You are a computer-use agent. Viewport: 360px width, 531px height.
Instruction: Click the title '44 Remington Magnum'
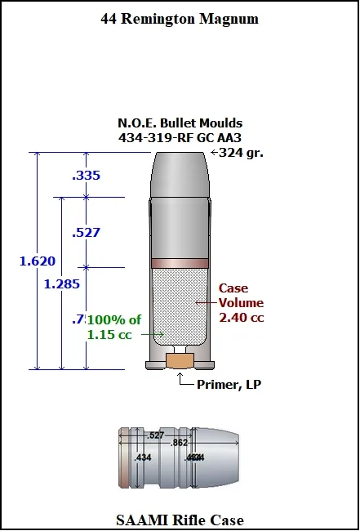[x=180, y=17]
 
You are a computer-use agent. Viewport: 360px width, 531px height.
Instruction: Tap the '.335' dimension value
[x=86, y=175]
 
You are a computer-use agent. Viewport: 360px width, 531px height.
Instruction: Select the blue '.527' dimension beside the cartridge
[x=86, y=232]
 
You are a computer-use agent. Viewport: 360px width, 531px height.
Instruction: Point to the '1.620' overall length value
[x=38, y=261]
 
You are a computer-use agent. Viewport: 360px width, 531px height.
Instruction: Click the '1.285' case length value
[x=62, y=284]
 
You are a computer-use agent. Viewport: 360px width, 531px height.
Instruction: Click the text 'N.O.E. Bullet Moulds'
[x=180, y=123]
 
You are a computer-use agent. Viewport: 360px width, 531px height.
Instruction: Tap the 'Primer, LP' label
[x=229, y=383]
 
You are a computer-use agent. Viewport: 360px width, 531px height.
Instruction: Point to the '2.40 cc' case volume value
[x=242, y=317]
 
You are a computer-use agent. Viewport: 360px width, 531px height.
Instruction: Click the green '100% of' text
[x=113, y=319]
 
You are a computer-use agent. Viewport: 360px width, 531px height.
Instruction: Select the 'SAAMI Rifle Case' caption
[x=180, y=520]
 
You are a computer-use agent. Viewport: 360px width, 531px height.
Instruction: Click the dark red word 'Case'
[x=233, y=288]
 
